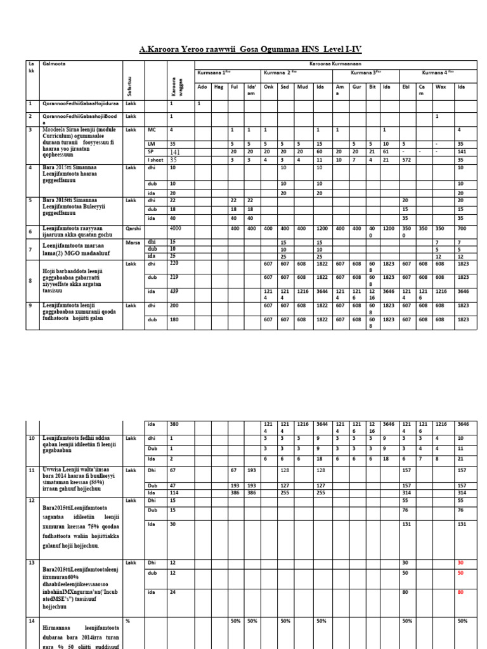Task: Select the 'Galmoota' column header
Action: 53,64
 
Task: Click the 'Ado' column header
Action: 202,86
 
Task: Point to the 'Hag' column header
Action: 219,86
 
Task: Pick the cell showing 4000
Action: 176,228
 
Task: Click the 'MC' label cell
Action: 152,129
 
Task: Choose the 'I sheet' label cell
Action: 155,160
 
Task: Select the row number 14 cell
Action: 32,620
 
